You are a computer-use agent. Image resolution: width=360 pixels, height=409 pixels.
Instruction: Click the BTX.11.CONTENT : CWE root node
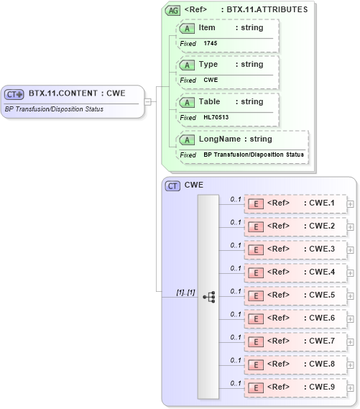point(72,93)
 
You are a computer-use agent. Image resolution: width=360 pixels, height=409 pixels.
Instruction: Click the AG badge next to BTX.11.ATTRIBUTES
point(172,10)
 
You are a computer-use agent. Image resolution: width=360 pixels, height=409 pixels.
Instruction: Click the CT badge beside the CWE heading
point(172,185)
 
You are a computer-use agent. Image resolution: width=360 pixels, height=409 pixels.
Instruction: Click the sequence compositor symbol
point(209,296)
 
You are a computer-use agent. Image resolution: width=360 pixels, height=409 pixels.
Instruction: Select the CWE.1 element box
point(295,203)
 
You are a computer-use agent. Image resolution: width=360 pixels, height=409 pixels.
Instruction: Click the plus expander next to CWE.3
point(351,249)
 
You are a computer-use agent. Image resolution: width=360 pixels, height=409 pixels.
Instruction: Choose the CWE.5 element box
point(295,295)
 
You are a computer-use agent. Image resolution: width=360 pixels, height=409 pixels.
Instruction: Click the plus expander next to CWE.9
point(351,387)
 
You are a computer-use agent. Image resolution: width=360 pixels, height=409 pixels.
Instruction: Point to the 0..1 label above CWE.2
point(235,222)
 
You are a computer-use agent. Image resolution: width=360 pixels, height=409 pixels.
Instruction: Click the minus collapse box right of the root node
point(148,101)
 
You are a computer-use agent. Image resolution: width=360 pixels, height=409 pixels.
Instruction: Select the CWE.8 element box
point(295,364)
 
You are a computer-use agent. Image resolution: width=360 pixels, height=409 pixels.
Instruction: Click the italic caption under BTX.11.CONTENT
point(54,109)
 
